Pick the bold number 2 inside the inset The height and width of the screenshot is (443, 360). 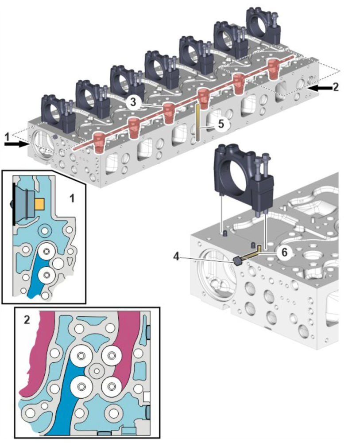click(x=27, y=319)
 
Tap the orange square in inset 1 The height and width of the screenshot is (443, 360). click(x=39, y=204)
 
